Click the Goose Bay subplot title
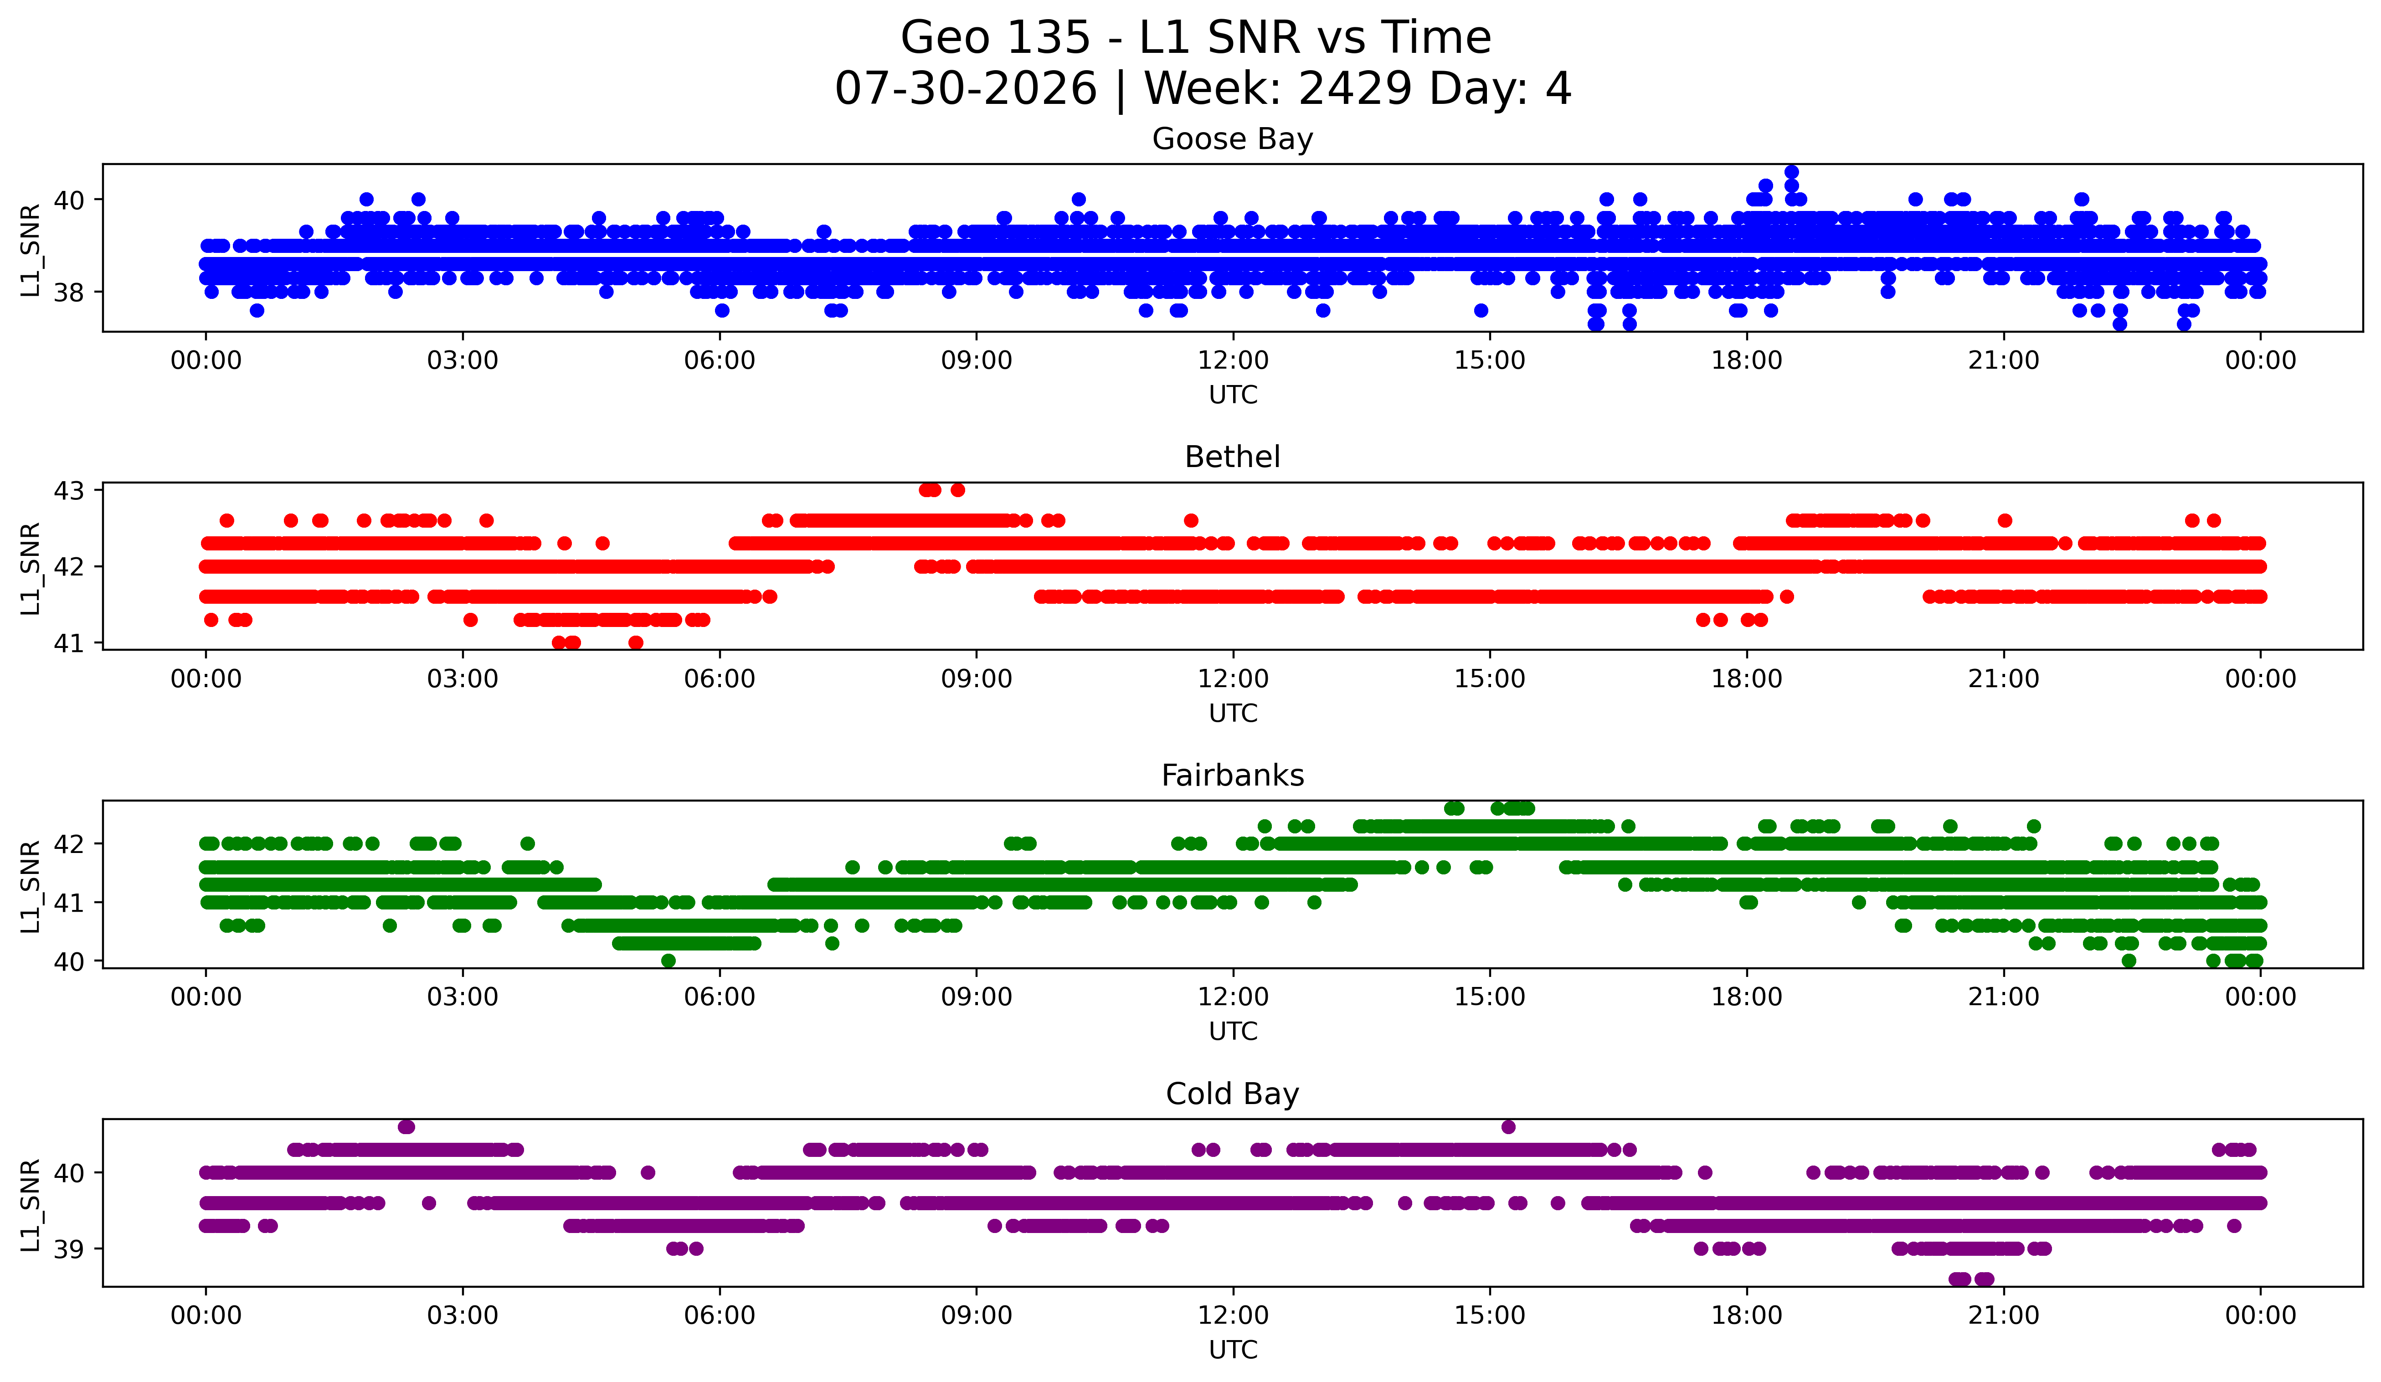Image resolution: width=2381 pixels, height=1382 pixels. click(x=1232, y=139)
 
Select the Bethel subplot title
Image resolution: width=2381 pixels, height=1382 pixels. click(x=1232, y=457)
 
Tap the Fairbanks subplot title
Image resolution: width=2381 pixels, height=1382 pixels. click(x=1232, y=776)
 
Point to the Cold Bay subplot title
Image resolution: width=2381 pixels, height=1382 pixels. click(x=1232, y=1094)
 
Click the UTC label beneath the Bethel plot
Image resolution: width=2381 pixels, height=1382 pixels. click(x=1233, y=713)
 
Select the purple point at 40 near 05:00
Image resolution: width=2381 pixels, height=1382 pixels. click(x=647, y=1172)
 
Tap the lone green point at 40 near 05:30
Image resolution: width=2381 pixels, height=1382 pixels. click(x=668, y=961)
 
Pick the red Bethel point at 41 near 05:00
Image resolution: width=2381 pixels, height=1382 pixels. click(x=636, y=642)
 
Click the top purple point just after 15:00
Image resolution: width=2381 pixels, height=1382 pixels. click(x=1508, y=1127)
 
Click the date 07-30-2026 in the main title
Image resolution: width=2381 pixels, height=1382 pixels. click(x=966, y=89)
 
